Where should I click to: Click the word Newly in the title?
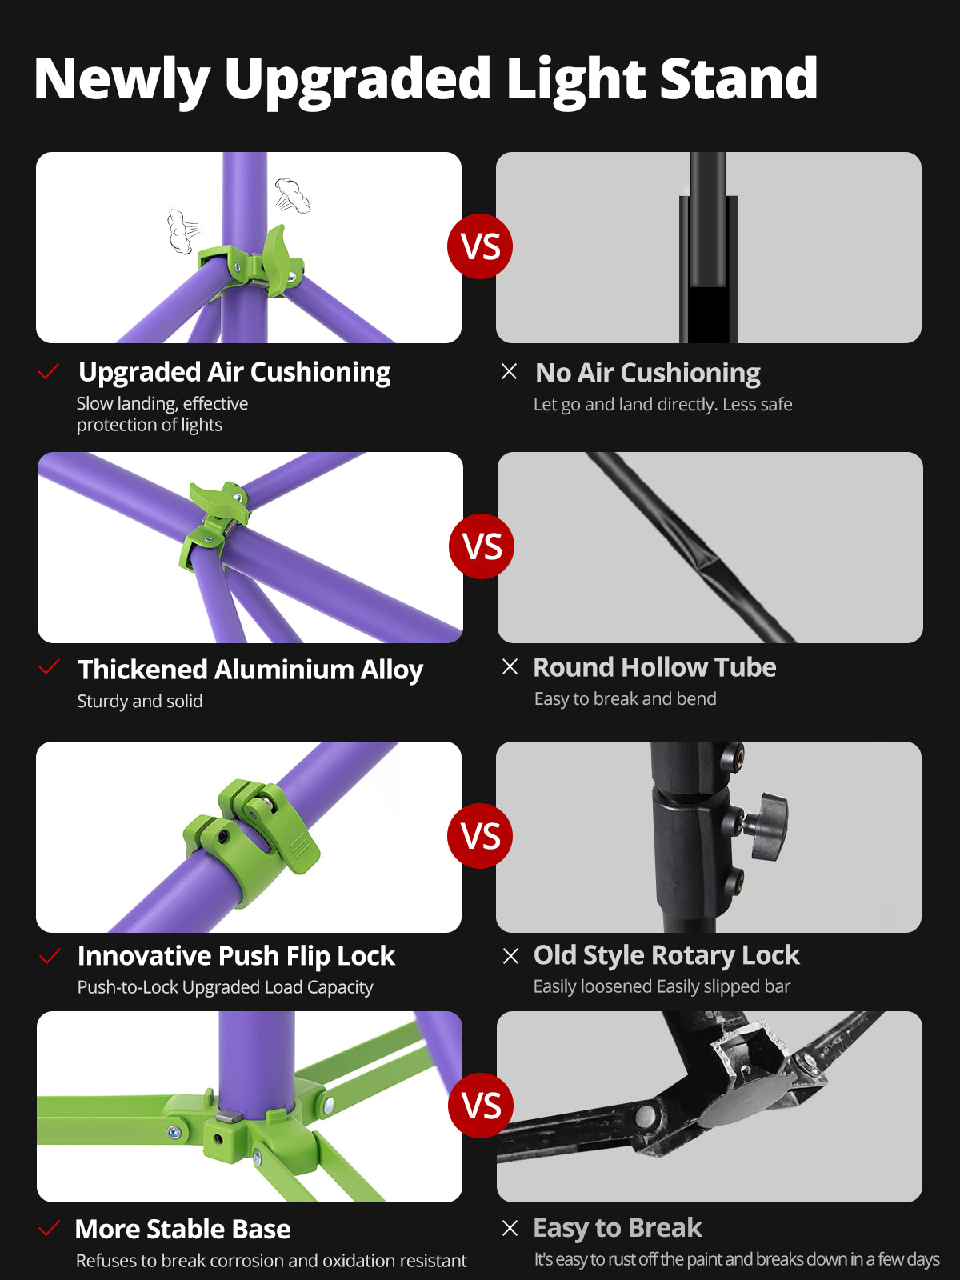122,80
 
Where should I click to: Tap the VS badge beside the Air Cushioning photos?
480,246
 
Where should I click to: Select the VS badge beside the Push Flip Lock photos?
480,836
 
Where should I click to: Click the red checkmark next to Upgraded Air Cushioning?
48,371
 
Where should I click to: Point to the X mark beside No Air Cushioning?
509,371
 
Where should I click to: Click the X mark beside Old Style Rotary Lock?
510,956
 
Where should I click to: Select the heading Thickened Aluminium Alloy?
250,670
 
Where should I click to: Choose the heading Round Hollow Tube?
654,667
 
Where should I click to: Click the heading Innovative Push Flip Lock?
236,956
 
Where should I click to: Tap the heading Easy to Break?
618,1227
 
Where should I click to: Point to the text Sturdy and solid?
140,701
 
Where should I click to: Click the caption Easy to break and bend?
626,698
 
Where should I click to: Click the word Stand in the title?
738,78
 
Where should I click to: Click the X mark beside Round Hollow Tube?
510,666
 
